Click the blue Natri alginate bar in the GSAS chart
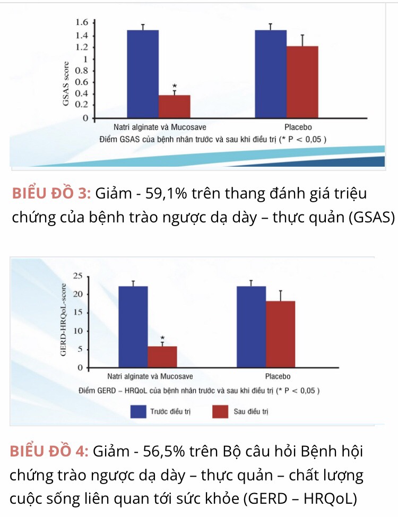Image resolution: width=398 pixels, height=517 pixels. pos(143,74)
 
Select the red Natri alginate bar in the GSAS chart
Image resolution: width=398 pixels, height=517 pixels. pos(174,106)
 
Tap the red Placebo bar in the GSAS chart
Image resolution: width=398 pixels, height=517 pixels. pos(302,82)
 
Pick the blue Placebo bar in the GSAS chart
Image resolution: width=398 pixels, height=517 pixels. pos(271,74)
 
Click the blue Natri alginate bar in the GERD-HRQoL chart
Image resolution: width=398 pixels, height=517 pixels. pos(133,326)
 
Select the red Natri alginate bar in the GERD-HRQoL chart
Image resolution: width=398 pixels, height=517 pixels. pos(162,357)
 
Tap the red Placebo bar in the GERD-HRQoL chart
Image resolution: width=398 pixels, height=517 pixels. pos(280,334)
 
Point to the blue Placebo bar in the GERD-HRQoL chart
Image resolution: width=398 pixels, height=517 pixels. pos(251,326)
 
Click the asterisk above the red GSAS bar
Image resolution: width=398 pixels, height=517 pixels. pos(175,87)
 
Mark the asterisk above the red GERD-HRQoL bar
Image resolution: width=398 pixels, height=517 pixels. pos(162,338)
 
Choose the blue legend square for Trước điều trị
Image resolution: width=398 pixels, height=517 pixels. pos(139,411)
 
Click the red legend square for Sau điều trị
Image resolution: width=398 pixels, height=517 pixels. pos(220,411)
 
